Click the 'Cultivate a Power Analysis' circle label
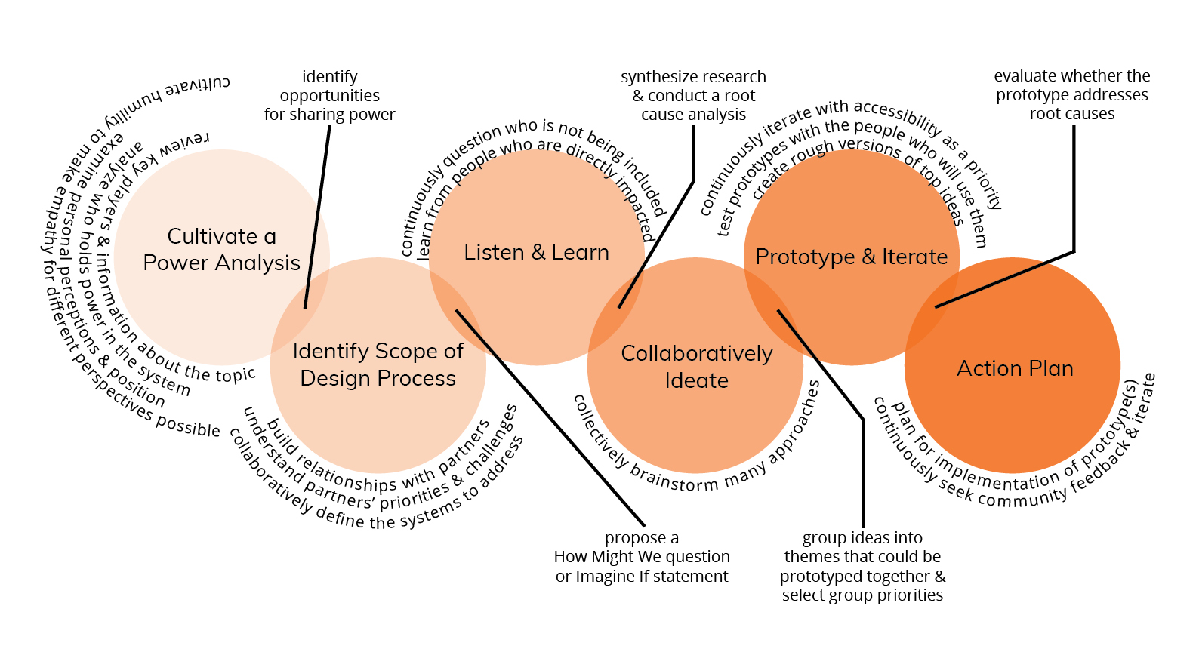pos(221,250)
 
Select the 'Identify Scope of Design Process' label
pos(378,364)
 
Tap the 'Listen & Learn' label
pos(536,253)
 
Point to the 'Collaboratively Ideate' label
pos(696,367)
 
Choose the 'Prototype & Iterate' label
pos(851,257)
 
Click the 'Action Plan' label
pos(1015,368)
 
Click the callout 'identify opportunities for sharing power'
pos(329,96)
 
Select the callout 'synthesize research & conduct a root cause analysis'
pos(693,96)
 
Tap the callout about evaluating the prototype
pos(1071,95)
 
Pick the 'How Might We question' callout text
pos(642,557)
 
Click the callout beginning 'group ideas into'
pos(862,566)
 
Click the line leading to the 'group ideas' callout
pos(863,468)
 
